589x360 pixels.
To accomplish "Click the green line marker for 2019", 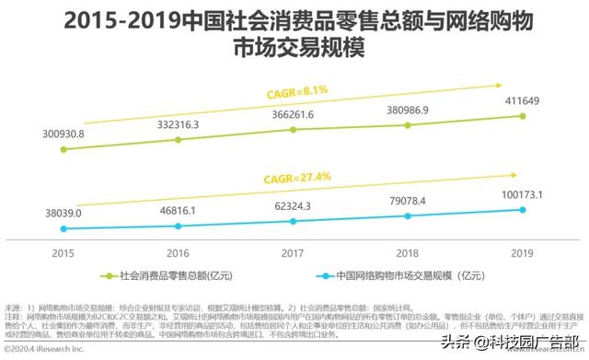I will [x=523, y=116].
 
